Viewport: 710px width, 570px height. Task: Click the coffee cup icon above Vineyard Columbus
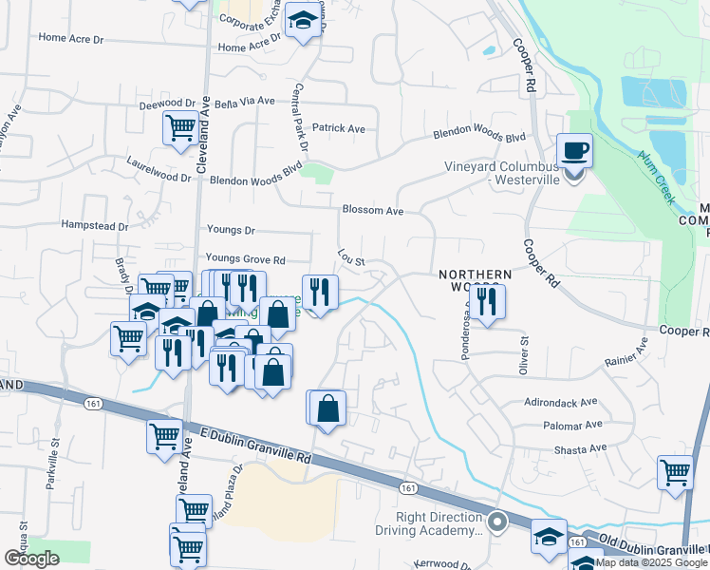point(574,151)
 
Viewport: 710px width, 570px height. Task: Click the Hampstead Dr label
point(94,226)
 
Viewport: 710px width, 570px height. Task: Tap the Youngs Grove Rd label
point(245,259)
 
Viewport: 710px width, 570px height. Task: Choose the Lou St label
point(351,258)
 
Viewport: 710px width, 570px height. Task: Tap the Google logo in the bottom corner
point(31,558)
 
